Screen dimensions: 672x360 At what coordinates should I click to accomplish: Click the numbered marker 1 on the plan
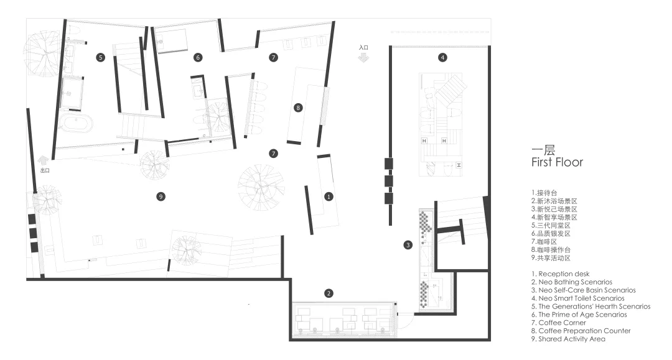pos(329,196)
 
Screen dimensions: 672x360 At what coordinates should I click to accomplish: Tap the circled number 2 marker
pos(329,293)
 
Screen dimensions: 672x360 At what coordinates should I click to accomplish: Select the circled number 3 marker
pos(408,245)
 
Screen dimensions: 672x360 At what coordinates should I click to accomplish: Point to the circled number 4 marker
pos(442,57)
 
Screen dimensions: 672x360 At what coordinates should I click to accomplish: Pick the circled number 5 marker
pos(100,57)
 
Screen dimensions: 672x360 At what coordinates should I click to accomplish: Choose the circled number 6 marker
pos(198,57)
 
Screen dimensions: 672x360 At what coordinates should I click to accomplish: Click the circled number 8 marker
pos(298,108)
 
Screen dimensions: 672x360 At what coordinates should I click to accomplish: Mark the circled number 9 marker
pos(161,196)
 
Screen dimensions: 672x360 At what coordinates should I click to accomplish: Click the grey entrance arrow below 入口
pos(363,57)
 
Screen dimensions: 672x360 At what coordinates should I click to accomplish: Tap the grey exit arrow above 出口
pos(43,160)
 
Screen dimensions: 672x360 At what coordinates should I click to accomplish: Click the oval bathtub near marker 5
pos(75,124)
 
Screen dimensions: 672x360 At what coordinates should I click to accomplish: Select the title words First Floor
pos(557,162)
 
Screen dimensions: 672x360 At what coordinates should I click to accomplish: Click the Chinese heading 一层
pos(543,150)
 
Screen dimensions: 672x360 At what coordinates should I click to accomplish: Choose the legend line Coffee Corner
pos(559,323)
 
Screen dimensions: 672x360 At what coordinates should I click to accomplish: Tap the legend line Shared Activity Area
pos(568,339)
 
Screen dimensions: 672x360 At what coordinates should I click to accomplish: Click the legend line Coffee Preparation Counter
pos(581,331)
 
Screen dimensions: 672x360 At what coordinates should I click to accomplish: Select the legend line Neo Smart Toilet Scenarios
pos(577,298)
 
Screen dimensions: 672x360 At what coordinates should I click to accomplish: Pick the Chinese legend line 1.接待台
pos(544,193)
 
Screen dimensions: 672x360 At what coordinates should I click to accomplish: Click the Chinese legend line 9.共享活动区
pos(551,258)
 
